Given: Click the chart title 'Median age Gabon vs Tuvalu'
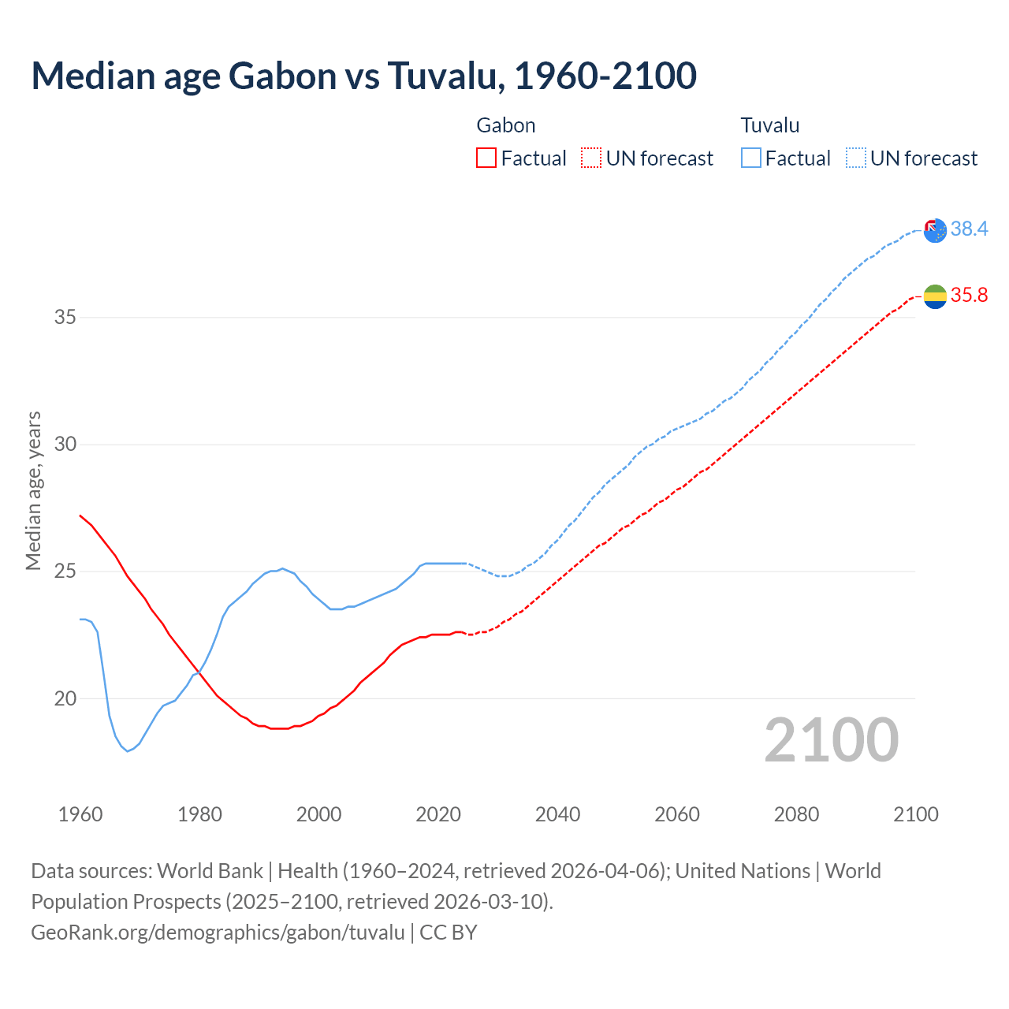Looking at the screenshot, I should (x=363, y=76).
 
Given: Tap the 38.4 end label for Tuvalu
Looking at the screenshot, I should (x=969, y=229).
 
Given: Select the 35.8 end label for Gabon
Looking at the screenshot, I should (x=969, y=295).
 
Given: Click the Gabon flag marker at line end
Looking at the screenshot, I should (x=935, y=296).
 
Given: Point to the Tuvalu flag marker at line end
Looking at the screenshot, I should (x=935, y=230).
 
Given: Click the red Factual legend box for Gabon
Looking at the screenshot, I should (x=486, y=158).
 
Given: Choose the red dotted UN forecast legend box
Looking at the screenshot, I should (x=590, y=158).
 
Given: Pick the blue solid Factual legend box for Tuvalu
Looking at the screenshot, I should (x=750, y=158).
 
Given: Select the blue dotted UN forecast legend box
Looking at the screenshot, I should (x=855, y=158).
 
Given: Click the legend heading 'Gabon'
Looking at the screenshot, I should (x=506, y=125).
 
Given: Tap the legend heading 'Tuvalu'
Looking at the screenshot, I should (x=770, y=125).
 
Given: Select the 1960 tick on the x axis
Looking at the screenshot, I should (x=80, y=814).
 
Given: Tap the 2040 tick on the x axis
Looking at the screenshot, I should (x=557, y=814).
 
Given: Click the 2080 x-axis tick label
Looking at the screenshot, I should (x=796, y=814).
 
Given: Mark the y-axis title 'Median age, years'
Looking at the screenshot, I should (x=33, y=490).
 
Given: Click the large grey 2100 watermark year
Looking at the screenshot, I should (x=831, y=739).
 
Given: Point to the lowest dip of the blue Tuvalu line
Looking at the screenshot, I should (x=127, y=750).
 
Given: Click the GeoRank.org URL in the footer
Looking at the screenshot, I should (x=218, y=933).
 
